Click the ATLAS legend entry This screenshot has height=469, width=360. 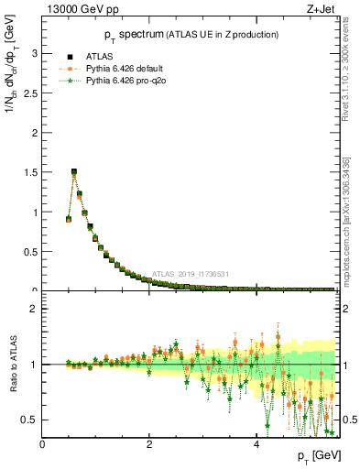[x=99, y=56]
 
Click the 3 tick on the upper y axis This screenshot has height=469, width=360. [x=34, y=53]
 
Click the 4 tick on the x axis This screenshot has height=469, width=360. [x=256, y=444]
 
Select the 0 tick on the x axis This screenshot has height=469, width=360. [x=42, y=444]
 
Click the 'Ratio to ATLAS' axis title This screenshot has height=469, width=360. [x=14, y=364]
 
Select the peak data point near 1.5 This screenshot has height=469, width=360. [x=74, y=171]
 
